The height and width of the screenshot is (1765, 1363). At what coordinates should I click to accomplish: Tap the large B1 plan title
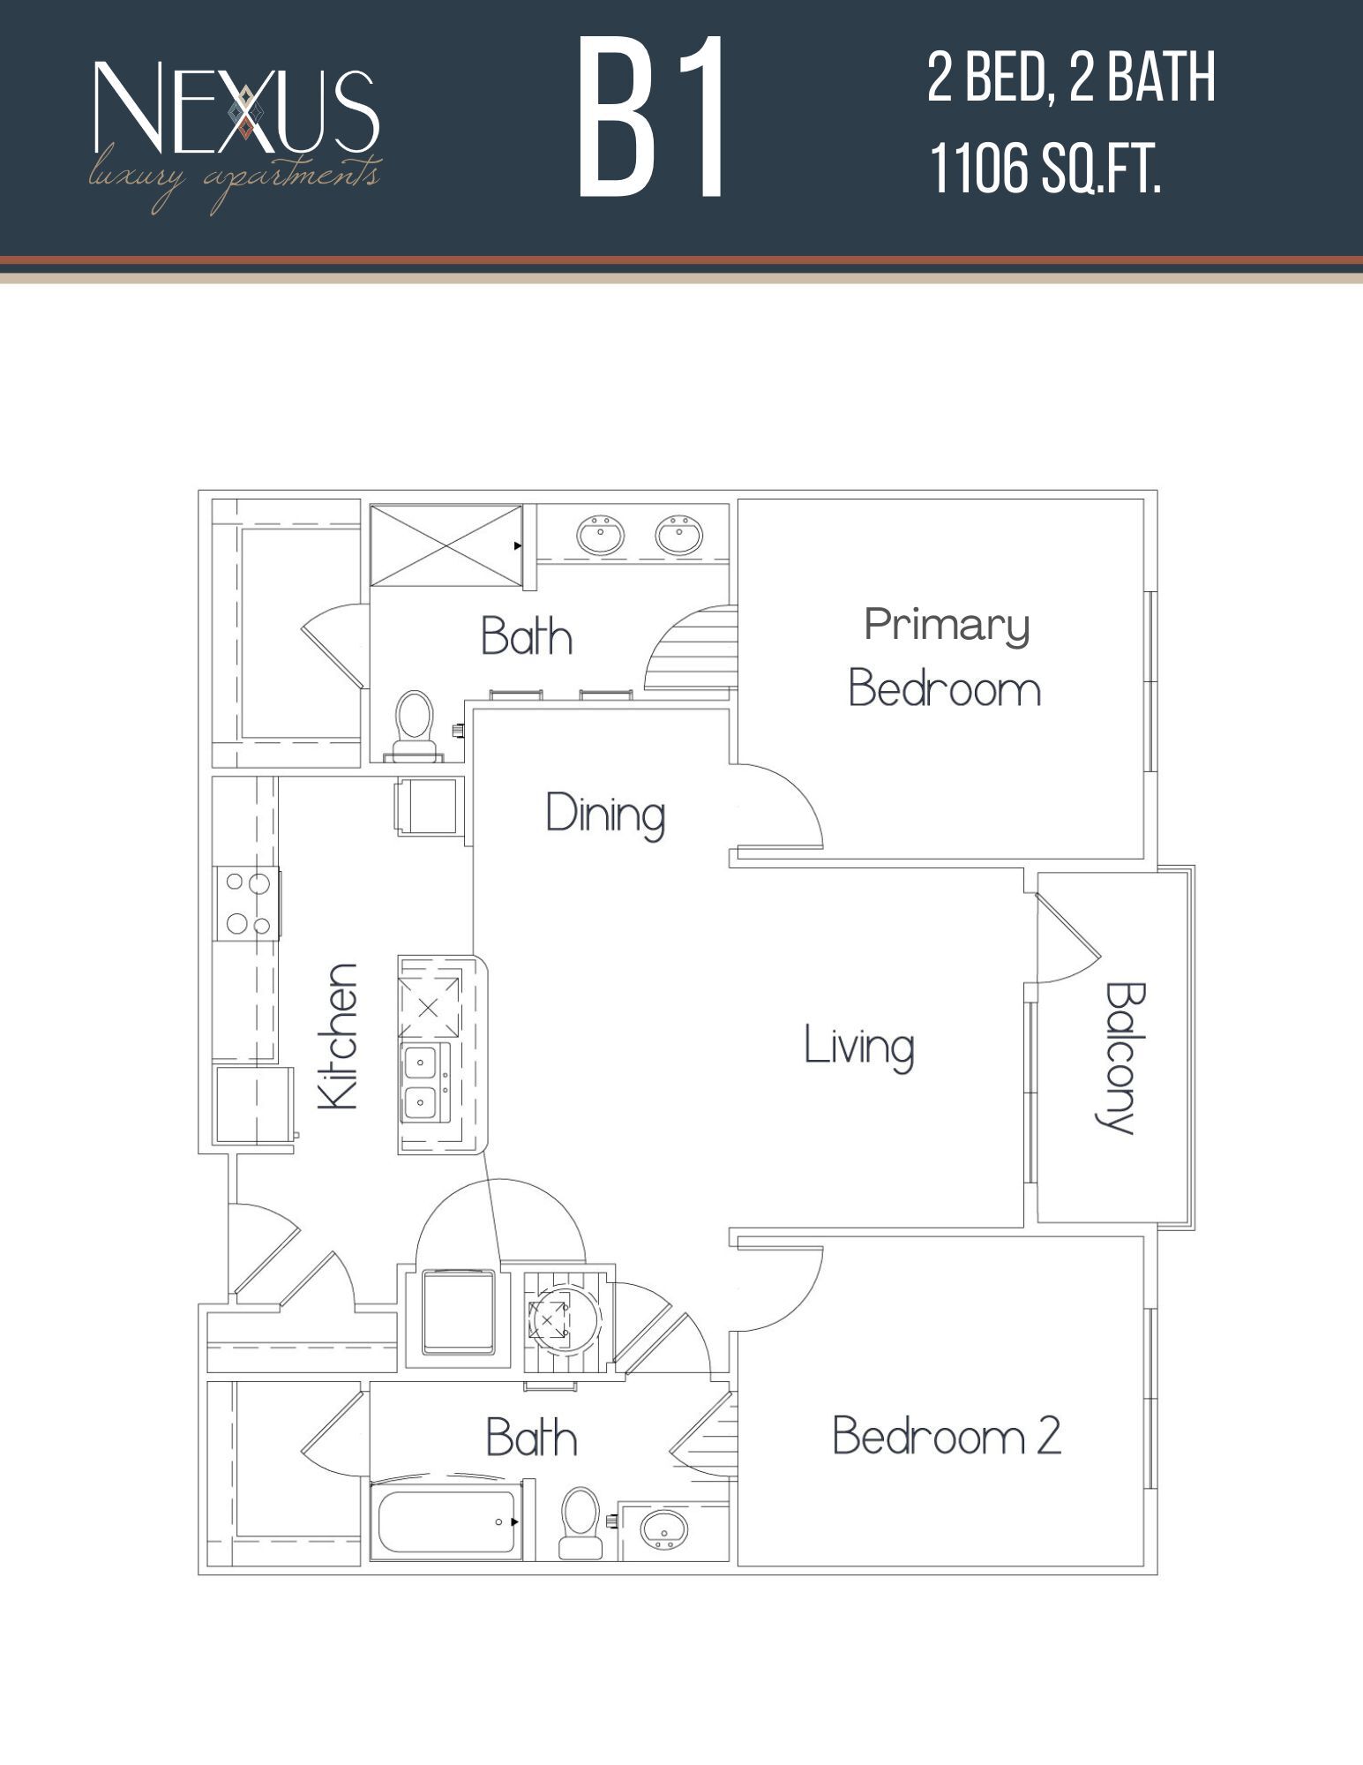point(652,117)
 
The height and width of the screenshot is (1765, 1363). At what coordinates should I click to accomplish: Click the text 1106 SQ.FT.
point(1045,169)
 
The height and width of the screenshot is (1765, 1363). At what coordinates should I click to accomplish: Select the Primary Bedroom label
point(945,657)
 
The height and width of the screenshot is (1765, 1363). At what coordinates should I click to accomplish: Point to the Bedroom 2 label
point(946,1435)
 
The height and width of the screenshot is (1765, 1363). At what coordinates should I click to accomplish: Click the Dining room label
point(605,814)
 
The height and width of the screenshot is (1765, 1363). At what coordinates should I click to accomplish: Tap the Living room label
point(858,1047)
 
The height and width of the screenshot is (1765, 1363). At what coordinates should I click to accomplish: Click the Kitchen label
point(338,1037)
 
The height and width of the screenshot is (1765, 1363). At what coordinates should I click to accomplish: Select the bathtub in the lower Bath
point(446,1521)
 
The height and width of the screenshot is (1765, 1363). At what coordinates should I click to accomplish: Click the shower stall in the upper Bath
point(446,545)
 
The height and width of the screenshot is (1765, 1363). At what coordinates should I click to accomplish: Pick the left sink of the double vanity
point(601,535)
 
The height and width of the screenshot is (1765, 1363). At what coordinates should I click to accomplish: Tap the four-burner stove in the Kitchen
point(248,904)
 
